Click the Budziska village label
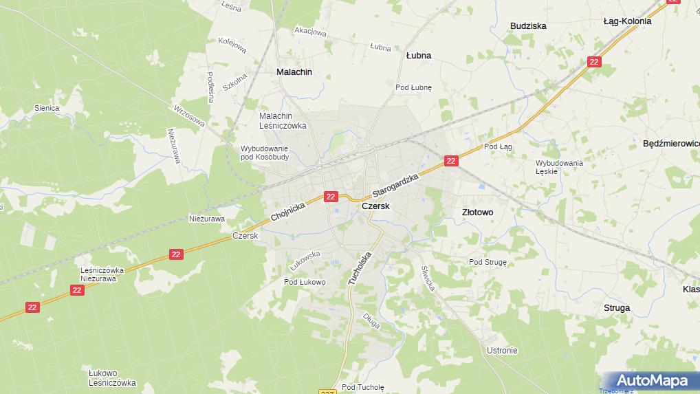point(528,26)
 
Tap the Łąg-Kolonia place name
point(627,21)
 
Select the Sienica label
point(47,108)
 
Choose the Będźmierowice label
point(670,144)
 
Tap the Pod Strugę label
point(488,262)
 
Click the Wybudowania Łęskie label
point(559,167)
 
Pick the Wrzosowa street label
point(189,116)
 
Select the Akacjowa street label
point(309,30)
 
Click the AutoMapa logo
point(652,380)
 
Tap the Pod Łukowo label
point(305,282)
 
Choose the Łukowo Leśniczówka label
point(112,378)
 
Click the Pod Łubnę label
point(413,87)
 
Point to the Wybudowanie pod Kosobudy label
point(265,153)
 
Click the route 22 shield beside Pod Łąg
point(450,161)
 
